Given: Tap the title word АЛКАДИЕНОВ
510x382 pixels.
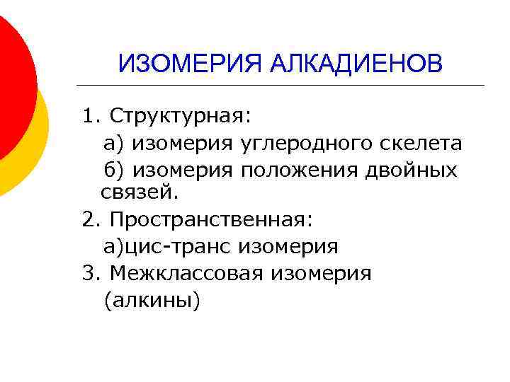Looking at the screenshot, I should [356, 64].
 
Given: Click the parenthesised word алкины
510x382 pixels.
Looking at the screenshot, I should [152, 301].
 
